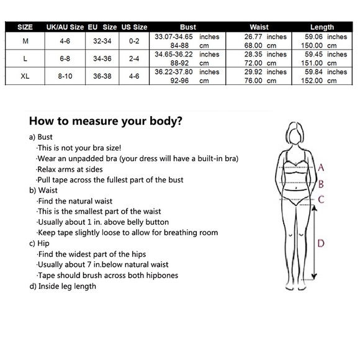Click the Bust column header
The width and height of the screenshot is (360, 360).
pos(188,27)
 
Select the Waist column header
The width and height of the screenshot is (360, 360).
pos(259,27)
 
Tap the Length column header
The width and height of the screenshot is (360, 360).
pos(322,27)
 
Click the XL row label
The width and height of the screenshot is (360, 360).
pos(25,76)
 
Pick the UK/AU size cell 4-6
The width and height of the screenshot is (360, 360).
pos(65,41)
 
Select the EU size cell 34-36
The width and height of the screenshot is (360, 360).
pos(102,58)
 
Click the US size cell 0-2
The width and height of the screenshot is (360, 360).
pos(134,41)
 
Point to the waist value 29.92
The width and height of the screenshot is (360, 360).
pos(253,72)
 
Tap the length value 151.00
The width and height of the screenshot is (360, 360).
pos(312,63)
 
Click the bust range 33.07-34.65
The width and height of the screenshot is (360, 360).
pos(174,37)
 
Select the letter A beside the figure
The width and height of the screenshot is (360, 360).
pos(321,168)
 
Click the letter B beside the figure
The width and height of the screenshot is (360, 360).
pos(321,184)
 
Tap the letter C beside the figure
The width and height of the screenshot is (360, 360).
pos(321,199)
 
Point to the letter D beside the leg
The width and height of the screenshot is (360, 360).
pos(321,243)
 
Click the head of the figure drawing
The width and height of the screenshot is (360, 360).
pos(295,134)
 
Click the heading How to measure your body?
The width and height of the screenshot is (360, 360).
pos(106,121)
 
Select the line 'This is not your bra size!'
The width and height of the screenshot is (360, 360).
pos(79,148)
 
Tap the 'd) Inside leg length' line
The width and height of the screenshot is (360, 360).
pos(63,286)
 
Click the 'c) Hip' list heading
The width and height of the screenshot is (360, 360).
pos(39,243)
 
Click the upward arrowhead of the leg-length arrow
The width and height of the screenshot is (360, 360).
pos(315,208)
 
